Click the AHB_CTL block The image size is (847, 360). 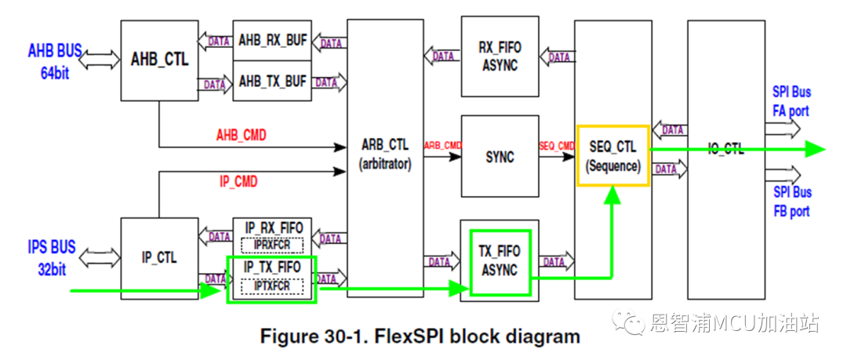point(159,60)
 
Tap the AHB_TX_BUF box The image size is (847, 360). point(272,82)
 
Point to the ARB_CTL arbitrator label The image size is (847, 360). point(384,156)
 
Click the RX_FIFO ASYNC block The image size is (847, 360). point(500,56)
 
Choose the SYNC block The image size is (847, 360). point(500,156)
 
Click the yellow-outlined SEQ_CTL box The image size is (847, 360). point(613,156)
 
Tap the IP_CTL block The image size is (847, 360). point(159,257)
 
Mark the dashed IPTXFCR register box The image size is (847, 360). point(271,286)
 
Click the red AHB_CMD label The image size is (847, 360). point(241,136)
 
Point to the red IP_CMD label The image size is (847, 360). point(238,182)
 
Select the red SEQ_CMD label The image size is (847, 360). point(556,146)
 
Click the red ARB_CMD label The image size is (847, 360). point(442,146)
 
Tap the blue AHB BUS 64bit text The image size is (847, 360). point(55,62)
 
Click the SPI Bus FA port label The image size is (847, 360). point(791,102)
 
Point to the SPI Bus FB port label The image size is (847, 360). point(791,202)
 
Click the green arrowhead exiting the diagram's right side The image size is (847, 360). point(815,150)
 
